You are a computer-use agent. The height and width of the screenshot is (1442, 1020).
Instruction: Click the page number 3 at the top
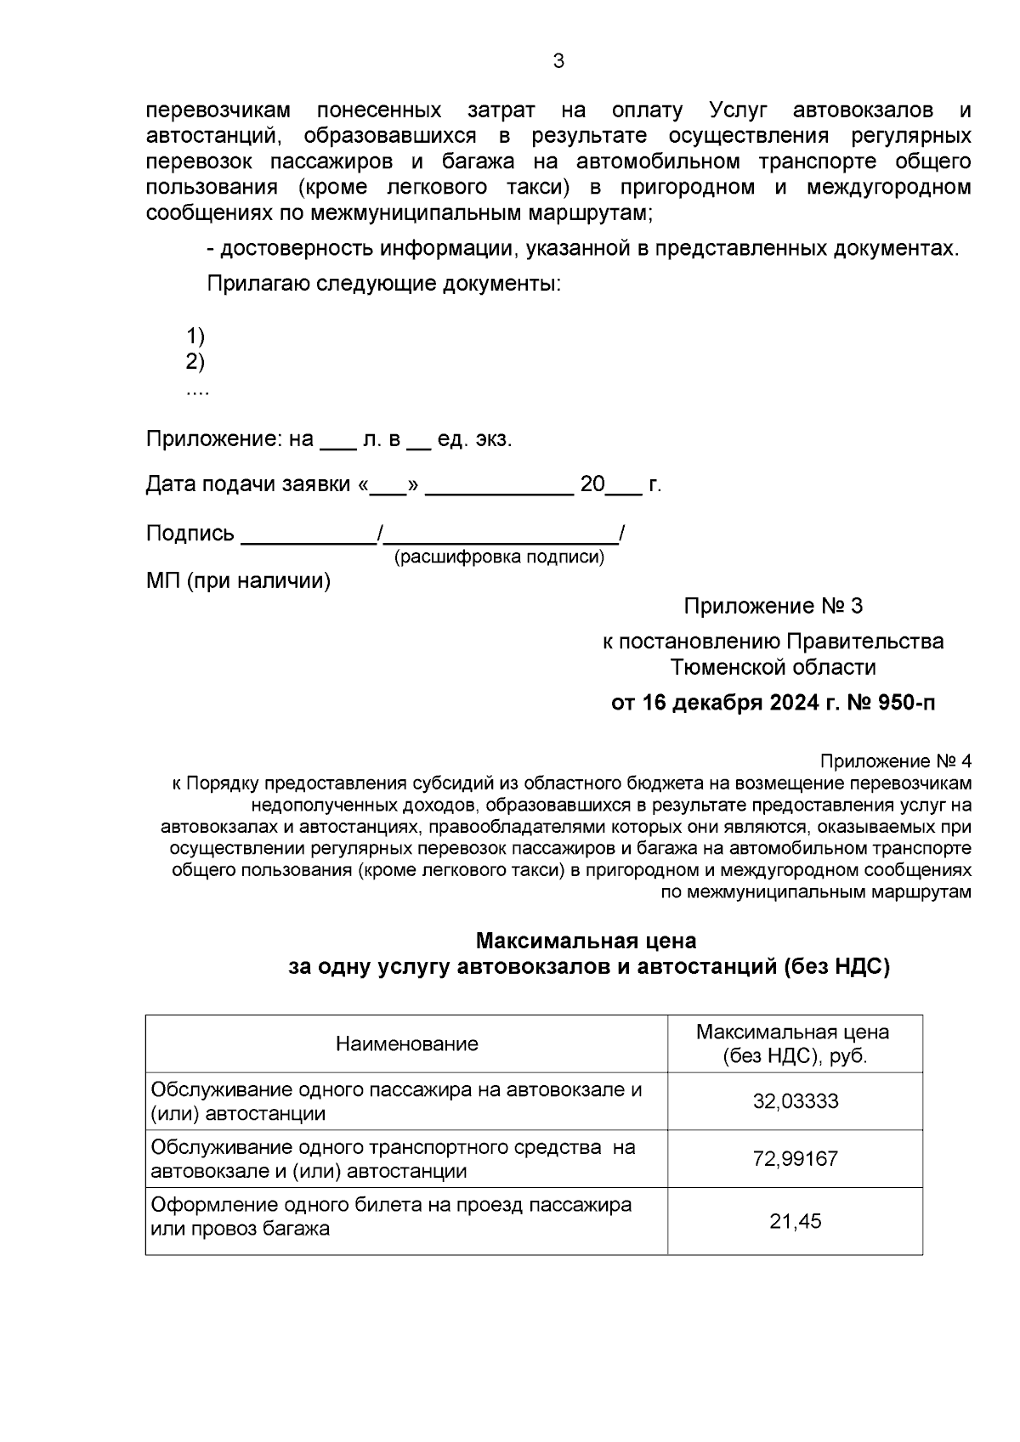pyautogui.click(x=558, y=61)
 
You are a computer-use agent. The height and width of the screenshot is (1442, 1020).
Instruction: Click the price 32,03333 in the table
pyautogui.click(x=795, y=1101)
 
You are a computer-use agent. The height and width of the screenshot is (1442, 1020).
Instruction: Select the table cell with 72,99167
pyautogui.click(x=795, y=1159)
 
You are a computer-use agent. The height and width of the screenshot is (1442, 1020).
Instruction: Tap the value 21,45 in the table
pyautogui.click(x=795, y=1221)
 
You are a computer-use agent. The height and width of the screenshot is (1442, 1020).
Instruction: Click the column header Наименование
pyautogui.click(x=406, y=1043)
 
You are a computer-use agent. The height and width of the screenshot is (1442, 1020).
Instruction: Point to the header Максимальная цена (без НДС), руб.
pyautogui.click(x=793, y=1043)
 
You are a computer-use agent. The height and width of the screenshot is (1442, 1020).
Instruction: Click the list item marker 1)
pyautogui.click(x=195, y=335)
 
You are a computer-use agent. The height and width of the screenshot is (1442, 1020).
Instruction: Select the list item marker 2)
pyautogui.click(x=195, y=362)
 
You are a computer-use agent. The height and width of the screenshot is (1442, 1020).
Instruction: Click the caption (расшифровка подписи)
pyautogui.click(x=499, y=557)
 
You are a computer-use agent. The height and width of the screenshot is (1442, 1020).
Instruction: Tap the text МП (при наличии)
pyautogui.click(x=238, y=581)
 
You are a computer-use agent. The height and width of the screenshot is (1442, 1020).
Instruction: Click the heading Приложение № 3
pyautogui.click(x=773, y=606)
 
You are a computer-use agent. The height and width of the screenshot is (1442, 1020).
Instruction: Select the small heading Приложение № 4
pyautogui.click(x=895, y=761)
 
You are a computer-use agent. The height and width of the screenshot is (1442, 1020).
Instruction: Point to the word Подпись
pyautogui.click(x=190, y=534)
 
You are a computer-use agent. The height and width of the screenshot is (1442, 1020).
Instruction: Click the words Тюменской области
pyautogui.click(x=773, y=667)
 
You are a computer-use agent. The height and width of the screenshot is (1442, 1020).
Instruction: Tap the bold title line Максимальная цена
pyautogui.click(x=586, y=941)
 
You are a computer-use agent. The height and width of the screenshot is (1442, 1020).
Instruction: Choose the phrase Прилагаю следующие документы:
pyautogui.click(x=383, y=283)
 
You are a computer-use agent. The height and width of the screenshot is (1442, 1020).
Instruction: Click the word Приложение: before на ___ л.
pyautogui.click(x=213, y=439)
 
